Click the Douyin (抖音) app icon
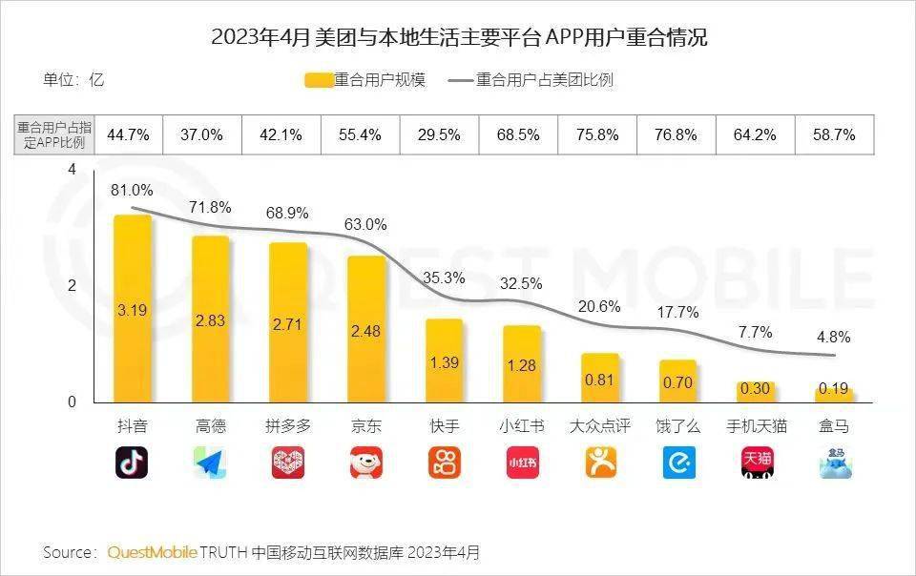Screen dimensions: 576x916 (x=132, y=463)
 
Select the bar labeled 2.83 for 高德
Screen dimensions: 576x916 (x=210, y=319)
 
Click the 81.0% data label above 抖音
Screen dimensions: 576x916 (x=132, y=191)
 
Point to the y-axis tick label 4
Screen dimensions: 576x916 (x=71, y=170)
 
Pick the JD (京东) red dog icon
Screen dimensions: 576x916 (x=365, y=463)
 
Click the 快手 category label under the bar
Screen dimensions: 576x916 (x=444, y=426)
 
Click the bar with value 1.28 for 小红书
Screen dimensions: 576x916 (x=522, y=363)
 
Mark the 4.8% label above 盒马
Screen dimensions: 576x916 (x=834, y=338)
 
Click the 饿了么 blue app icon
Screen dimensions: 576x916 (x=678, y=463)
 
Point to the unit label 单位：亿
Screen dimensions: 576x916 (x=73, y=80)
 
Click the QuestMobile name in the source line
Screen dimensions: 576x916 (x=153, y=552)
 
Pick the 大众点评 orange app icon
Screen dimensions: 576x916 (x=600, y=463)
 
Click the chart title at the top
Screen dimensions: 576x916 (x=459, y=38)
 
